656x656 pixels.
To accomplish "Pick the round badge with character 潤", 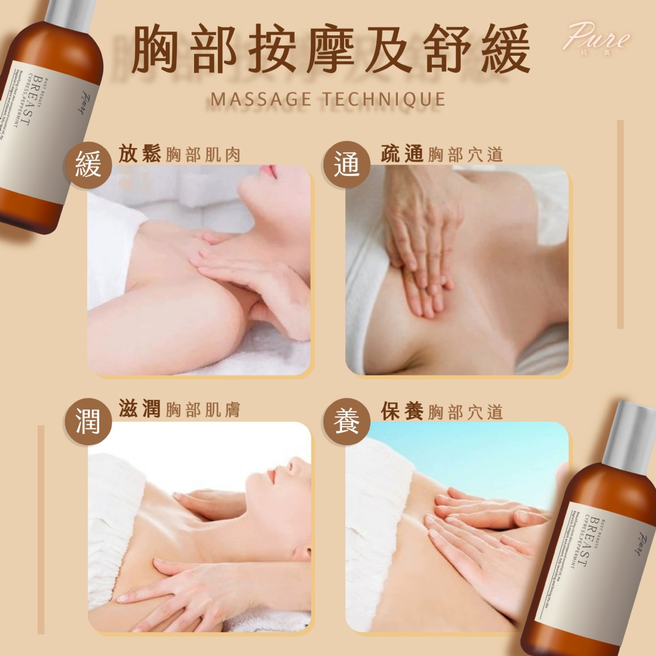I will point(88,423).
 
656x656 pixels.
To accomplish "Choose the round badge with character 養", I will point(346,423).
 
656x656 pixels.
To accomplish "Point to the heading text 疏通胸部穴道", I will point(441,154).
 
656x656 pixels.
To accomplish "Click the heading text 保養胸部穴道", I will point(441,410).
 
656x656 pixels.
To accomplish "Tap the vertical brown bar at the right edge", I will point(620,224).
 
